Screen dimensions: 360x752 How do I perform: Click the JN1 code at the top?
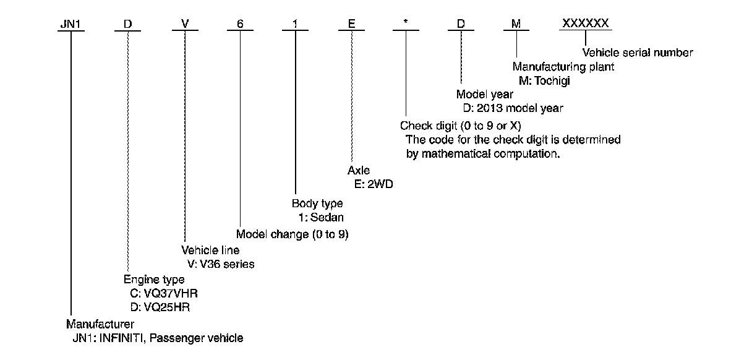coord(70,24)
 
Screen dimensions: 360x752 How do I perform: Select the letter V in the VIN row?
coord(185,24)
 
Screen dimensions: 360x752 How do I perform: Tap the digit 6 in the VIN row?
coord(239,24)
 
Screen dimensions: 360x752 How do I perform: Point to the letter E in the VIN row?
coord(351,24)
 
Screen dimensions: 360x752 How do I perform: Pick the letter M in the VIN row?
coord(516,24)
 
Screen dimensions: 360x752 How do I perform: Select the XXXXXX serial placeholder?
coord(585,24)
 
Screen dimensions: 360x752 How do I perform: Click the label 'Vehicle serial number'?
coord(638,53)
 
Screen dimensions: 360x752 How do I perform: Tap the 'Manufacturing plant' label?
coord(563,67)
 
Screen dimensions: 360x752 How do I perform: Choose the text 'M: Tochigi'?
coord(544,80)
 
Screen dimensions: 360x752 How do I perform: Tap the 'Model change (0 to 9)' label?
coord(293,234)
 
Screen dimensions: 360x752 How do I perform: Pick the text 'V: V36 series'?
coord(221,264)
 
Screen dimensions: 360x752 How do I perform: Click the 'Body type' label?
coord(317,203)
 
